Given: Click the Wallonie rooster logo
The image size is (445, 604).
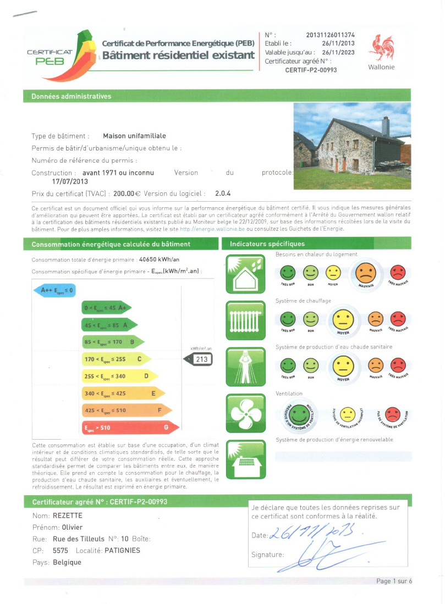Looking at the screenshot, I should (381, 48).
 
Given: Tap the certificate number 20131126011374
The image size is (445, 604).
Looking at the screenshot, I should (334, 35).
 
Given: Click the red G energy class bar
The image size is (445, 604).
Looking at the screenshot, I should (130, 427).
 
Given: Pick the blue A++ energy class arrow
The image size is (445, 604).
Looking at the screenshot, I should (54, 290).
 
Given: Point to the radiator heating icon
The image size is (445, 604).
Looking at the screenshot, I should (241, 320).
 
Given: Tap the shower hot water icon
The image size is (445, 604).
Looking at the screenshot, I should (241, 365).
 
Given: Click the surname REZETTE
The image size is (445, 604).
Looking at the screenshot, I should (68, 516).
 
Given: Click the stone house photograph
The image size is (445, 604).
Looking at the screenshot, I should (352, 145).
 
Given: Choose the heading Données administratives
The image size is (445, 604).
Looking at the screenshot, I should (71, 96).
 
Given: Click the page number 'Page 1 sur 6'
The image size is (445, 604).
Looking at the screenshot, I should (394, 581).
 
